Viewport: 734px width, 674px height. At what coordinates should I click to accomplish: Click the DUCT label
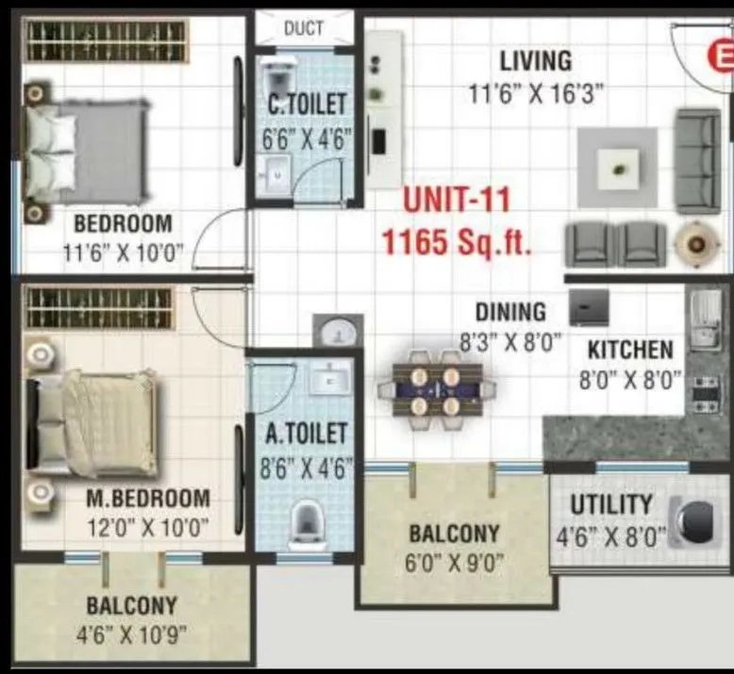coord(303,28)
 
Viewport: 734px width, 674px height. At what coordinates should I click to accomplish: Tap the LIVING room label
coord(535,61)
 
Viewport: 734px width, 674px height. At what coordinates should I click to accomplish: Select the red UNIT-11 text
coord(457,201)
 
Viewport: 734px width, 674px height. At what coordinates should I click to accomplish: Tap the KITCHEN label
coord(630,350)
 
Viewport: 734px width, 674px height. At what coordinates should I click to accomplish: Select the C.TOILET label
coord(307,104)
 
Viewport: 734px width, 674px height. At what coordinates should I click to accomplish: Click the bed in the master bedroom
coord(94,423)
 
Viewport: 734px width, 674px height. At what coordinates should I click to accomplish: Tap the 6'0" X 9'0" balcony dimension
coord(456,564)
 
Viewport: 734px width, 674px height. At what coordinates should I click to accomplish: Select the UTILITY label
coord(610,505)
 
